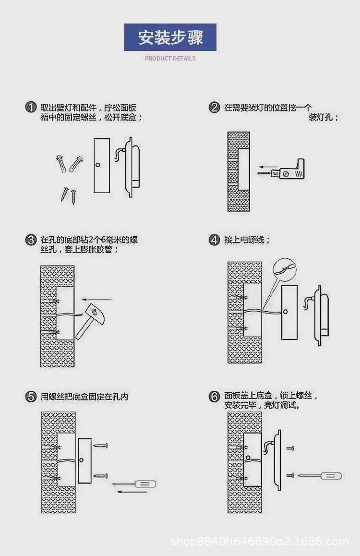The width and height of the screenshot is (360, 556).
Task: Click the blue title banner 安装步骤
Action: point(170,37)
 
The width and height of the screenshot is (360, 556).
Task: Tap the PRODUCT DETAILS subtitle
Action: point(170,59)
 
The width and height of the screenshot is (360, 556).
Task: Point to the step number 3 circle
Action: point(31,240)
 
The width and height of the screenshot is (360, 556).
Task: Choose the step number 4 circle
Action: point(215,240)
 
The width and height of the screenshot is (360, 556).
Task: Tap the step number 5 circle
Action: point(31,397)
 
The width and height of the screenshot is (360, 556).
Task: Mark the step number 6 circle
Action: point(215,397)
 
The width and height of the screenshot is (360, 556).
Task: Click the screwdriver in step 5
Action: point(142,483)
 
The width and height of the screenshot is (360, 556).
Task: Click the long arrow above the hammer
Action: point(101,300)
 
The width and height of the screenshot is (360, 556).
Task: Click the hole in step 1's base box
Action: point(98,165)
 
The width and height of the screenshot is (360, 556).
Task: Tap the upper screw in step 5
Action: point(102,446)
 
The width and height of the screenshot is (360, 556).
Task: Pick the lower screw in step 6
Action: point(289,475)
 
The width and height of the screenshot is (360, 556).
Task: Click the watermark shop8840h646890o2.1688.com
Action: point(260,542)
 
